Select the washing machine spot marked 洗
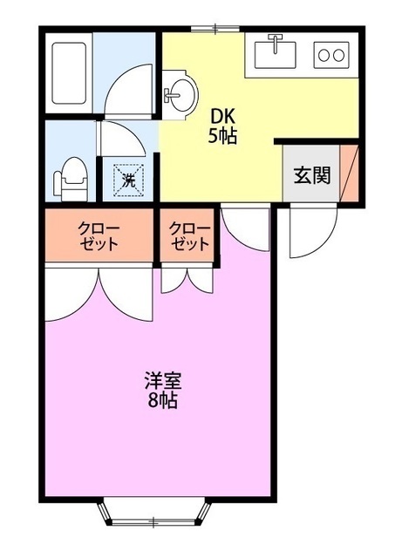point(128,181)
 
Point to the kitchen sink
point(276,54)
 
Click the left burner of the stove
point(324,55)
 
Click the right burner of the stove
point(339,55)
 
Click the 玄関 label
point(310,174)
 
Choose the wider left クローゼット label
point(98,236)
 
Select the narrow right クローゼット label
point(188,236)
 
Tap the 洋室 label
point(163,381)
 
